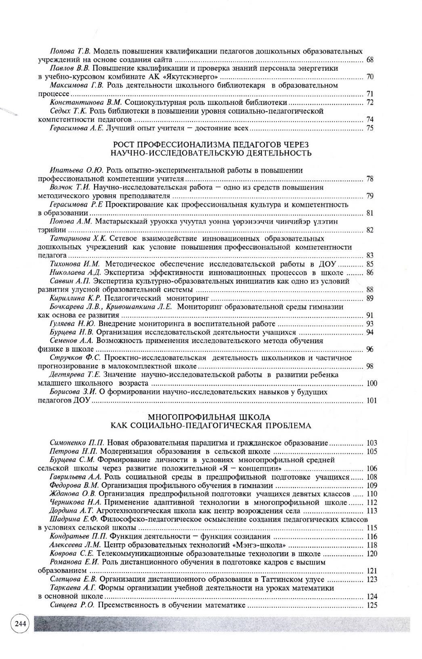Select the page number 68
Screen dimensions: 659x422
(x=370, y=60)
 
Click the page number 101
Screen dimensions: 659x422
(x=371, y=401)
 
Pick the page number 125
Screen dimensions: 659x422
(x=371, y=605)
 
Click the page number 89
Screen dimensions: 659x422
(x=370, y=298)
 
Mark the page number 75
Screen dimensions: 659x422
(x=370, y=128)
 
